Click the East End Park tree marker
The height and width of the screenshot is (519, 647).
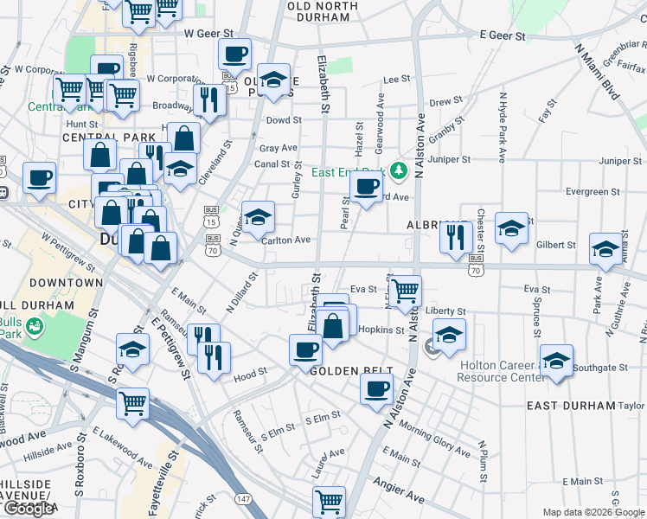tap(399, 170)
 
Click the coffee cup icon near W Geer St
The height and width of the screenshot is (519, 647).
tap(234, 54)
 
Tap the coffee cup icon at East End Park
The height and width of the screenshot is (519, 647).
tap(367, 185)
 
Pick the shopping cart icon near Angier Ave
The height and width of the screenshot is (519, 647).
tap(329, 501)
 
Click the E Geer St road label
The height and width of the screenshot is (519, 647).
tap(503, 36)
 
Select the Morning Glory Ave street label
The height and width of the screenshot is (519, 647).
tap(434, 439)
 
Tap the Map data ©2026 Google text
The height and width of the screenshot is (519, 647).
tap(593, 512)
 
